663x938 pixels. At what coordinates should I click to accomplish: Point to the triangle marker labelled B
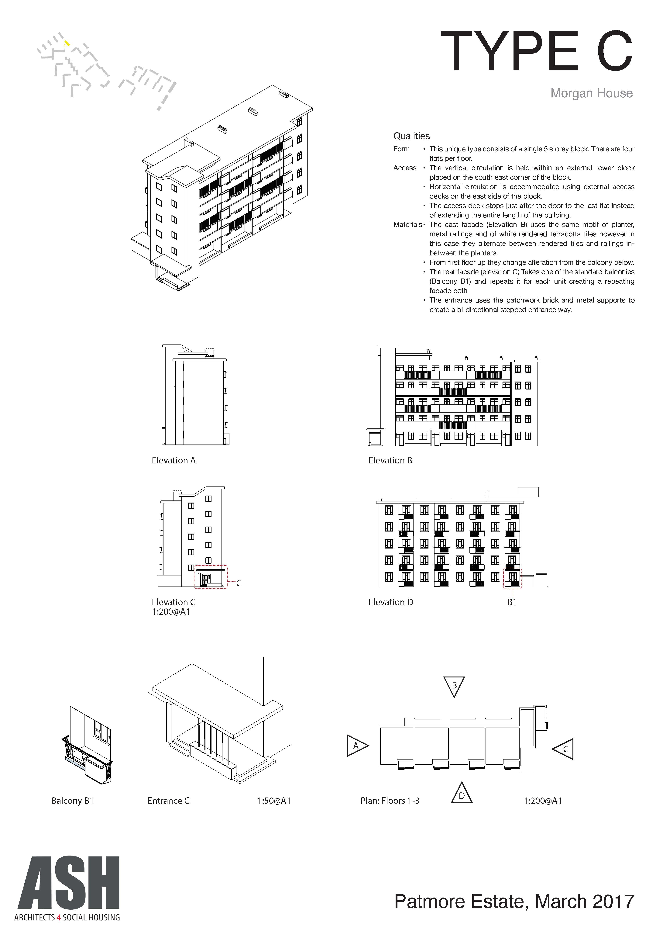tap(454, 686)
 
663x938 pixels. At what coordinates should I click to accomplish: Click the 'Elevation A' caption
tap(173, 460)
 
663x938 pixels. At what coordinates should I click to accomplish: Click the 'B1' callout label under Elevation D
tap(512, 602)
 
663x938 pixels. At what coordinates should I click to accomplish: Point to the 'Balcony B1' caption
tap(73, 801)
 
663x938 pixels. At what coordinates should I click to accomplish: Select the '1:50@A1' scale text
tap(274, 801)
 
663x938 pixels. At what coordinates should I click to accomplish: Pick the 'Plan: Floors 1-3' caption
tap(390, 801)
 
